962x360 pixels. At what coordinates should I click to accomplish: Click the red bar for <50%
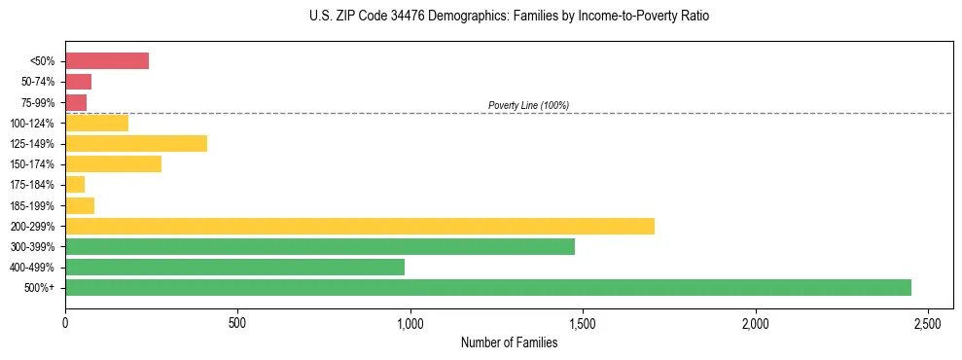click(x=107, y=61)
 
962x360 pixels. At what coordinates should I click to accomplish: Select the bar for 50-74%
click(x=78, y=82)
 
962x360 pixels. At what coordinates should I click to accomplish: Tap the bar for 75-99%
click(x=76, y=102)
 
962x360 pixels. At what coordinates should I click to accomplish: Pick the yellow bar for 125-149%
click(x=136, y=144)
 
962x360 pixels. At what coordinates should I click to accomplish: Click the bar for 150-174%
click(x=113, y=164)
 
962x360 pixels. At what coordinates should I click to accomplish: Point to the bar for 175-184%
click(x=75, y=185)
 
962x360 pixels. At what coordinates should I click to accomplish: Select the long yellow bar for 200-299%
click(x=360, y=227)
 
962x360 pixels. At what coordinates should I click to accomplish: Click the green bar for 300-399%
click(x=320, y=247)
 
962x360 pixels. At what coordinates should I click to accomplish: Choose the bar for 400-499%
click(x=234, y=268)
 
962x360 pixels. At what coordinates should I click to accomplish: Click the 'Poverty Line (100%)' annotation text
click(x=528, y=105)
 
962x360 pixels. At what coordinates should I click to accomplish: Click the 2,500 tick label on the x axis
click(x=928, y=322)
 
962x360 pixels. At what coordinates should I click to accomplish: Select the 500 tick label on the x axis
click(x=237, y=322)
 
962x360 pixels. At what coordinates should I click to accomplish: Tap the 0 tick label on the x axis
click(x=65, y=322)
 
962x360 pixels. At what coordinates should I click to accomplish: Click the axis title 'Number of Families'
click(x=509, y=342)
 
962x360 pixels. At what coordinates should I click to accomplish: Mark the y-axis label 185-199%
click(x=32, y=206)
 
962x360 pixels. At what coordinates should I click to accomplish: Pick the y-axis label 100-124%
click(x=32, y=124)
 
